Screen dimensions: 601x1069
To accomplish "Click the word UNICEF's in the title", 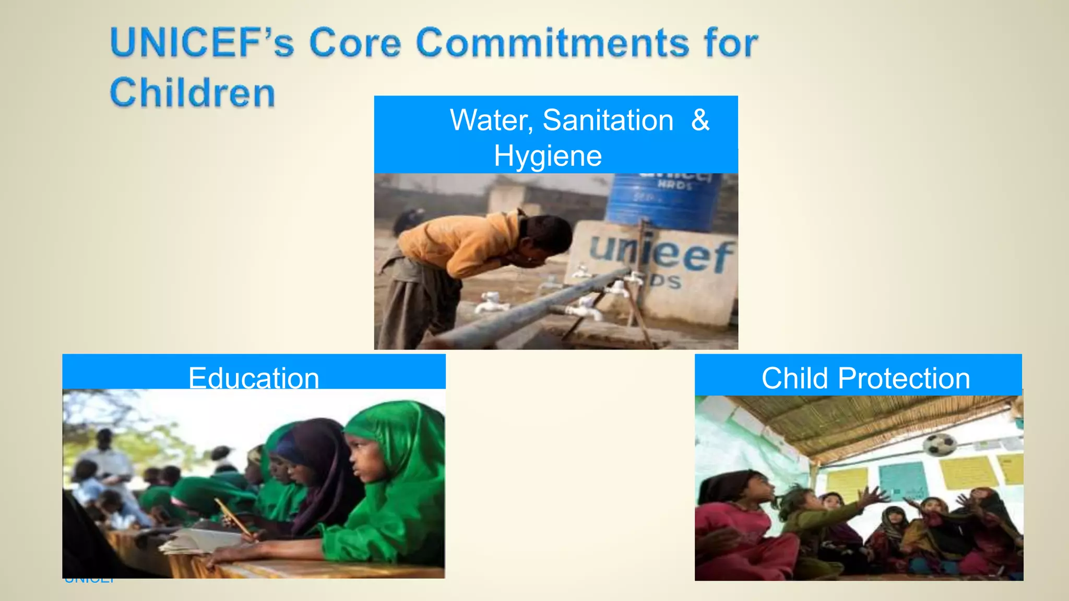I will click(x=202, y=43).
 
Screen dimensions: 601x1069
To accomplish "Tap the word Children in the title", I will click(x=192, y=92).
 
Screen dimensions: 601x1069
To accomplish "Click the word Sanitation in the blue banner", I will click(x=608, y=120).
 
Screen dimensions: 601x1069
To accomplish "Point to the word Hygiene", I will click(x=548, y=156).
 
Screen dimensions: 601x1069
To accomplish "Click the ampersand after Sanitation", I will click(x=700, y=120).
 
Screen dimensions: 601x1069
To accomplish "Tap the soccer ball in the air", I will click(x=939, y=444).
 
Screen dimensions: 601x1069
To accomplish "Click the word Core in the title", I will click(x=355, y=43).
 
